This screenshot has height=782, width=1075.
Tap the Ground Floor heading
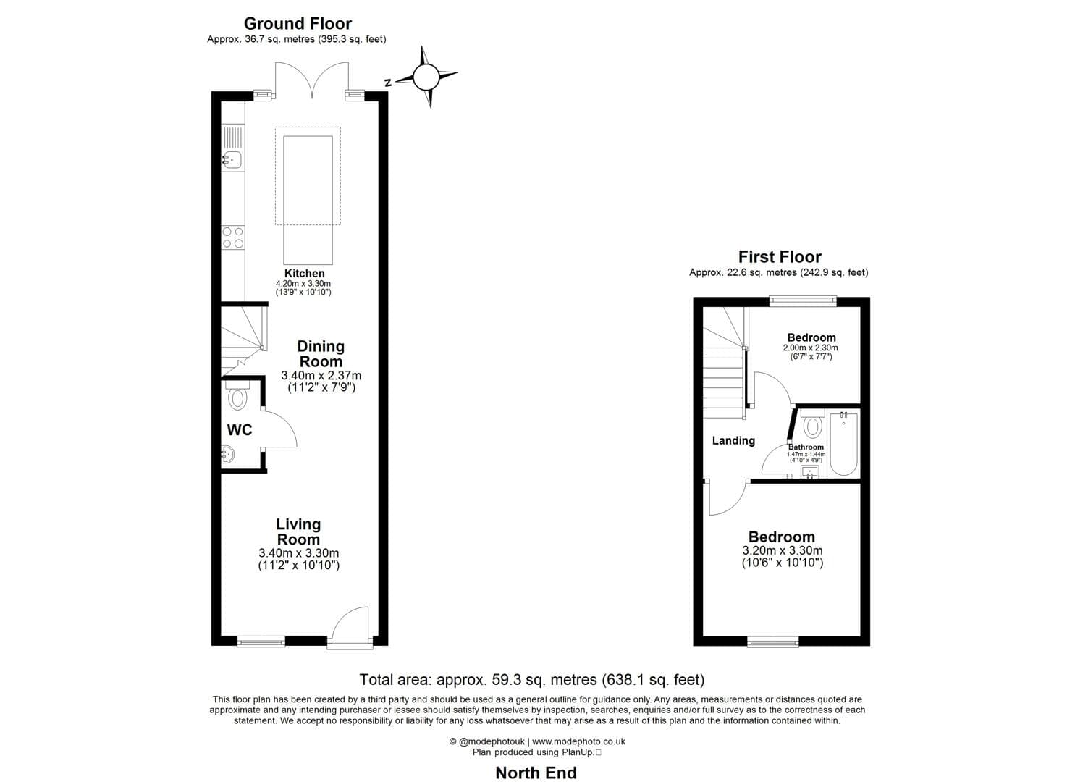[x=298, y=23]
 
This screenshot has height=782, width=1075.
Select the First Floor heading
[x=780, y=256]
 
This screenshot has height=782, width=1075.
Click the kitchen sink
[x=232, y=159]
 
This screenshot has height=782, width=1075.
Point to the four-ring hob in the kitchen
[x=233, y=237]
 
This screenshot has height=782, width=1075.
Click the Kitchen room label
[x=304, y=273]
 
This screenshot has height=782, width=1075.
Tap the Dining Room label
[x=321, y=354]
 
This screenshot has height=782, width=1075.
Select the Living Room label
[x=298, y=532]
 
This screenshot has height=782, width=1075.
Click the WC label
[x=240, y=430]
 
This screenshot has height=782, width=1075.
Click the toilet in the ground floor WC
[x=237, y=397]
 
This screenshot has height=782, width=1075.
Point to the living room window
[x=261, y=641]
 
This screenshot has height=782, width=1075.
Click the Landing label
[x=733, y=440]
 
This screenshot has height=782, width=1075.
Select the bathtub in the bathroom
[x=843, y=443]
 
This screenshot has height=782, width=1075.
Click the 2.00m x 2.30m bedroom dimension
[x=810, y=348]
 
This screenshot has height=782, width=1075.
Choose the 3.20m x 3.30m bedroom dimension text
[x=782, y=551]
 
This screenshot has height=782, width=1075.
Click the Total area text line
[x=532, y=679]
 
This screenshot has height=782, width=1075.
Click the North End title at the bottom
[x=536, y=773]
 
